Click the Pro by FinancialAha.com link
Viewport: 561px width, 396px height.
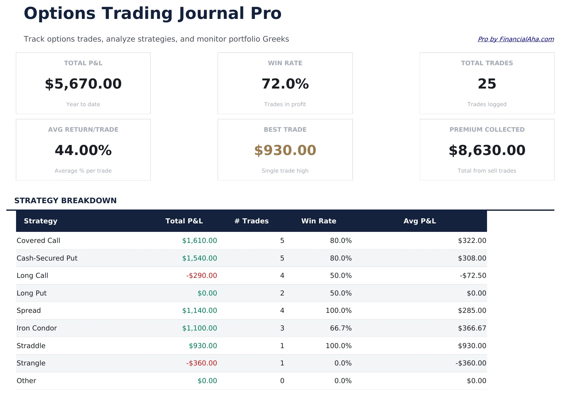(x=516, y=39)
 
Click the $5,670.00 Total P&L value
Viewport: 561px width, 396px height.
(x=83, y=84)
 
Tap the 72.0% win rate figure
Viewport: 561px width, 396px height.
(x=285, y=84)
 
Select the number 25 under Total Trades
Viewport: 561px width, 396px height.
(x=487, y=84)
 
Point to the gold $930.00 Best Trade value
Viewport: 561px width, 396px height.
(x=285, y=150)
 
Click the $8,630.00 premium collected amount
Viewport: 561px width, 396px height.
(x=487, y=150)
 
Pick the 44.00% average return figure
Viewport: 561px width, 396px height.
(x=83, y=150)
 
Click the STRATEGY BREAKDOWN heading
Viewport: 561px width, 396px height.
(x=65, y=201)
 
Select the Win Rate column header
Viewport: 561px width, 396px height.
(x=319, y=221)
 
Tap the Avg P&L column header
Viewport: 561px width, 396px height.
(x=420, y=221)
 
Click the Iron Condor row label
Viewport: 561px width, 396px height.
(x=37, y=328)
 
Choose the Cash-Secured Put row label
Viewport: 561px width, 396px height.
(x=47, y=258)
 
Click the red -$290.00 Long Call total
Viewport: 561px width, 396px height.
(x=201, y=276)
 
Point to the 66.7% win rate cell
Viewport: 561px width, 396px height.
(x=341, y=328)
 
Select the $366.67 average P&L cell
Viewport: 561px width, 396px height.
(x=472, y=328)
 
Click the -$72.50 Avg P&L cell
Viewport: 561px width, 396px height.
(x=473, y=276)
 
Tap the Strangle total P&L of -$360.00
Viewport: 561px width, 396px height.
(x=201, y=363)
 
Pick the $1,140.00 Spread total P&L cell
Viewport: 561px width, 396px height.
(x=200, y=311)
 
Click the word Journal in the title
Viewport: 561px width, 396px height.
(x=211, y=14)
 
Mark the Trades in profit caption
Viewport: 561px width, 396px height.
(x=285, y=104)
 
